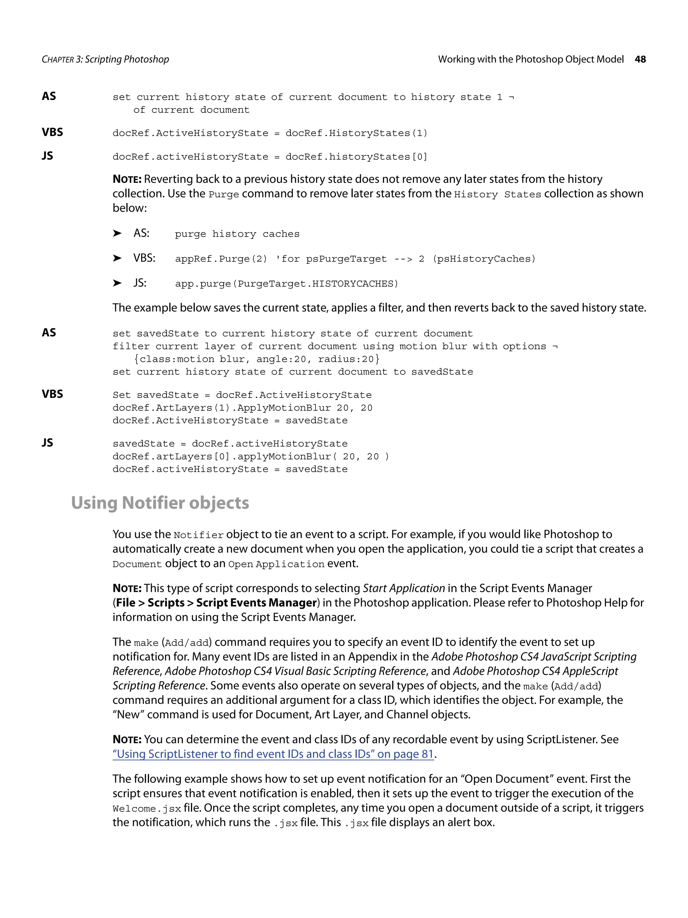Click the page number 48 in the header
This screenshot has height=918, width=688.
(640, 59)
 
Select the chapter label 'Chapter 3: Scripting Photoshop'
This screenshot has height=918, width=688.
(105, 59)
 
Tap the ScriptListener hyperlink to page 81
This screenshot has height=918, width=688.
(273, 754)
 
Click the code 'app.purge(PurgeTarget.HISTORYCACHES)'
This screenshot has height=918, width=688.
(286, 284)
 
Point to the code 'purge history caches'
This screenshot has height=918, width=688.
(237, 234)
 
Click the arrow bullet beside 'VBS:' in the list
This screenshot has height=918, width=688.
(117, 258)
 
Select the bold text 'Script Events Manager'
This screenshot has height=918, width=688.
(256, 603)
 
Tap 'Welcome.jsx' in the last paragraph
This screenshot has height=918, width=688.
(146, 809)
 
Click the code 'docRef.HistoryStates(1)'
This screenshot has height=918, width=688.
(356, 133)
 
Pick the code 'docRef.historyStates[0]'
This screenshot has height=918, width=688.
(356, 157)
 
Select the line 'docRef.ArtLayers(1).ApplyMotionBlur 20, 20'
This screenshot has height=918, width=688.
(242, 408)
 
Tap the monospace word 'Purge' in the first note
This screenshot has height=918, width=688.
(223, 195)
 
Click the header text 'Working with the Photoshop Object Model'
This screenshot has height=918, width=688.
(530, 59)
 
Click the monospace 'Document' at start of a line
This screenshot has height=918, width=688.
(137, 564)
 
